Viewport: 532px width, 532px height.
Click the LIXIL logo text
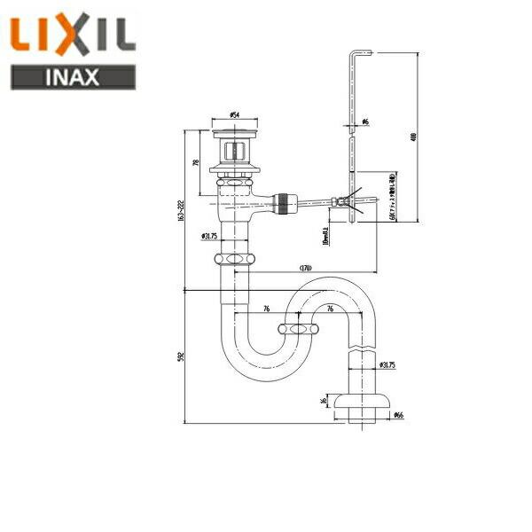73,35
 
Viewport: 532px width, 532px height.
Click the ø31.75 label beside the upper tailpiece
210,236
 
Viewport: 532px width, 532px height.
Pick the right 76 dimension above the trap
329,309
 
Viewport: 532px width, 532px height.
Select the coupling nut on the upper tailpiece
236,260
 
